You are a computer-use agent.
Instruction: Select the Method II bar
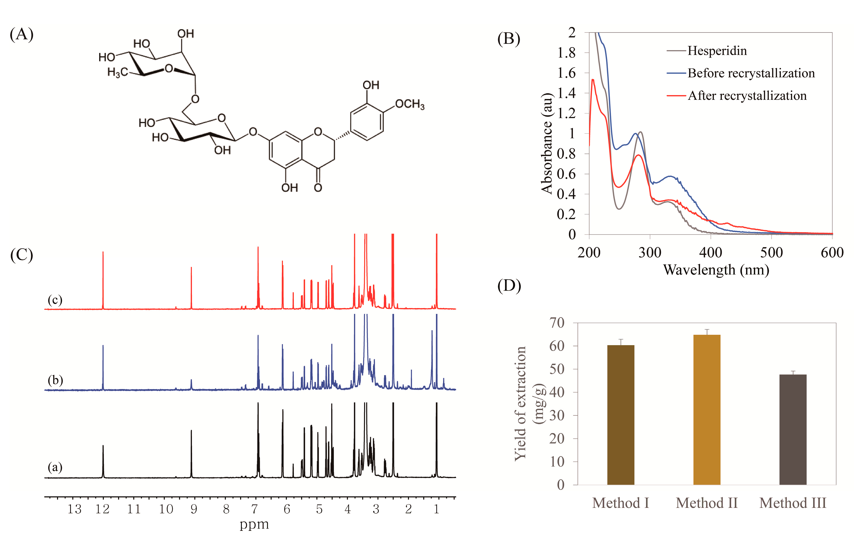click(707, 409)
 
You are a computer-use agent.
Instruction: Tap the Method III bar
click(793, 429)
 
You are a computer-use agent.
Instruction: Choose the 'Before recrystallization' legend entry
click(751, 73)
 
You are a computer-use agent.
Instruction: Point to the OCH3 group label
click(410, 104)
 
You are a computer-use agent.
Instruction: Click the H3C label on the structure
click(118, 72)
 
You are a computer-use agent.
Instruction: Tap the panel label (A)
click(22, 34)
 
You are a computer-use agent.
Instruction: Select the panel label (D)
click(509, 286)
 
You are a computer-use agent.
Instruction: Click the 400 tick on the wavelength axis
click(710, 253)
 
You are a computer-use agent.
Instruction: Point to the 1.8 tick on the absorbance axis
click(566, 53)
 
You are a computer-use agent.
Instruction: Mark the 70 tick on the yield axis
click(556, 323)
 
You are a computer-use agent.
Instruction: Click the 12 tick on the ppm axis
click(102, 509)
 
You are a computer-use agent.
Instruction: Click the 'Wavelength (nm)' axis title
click(716, 270)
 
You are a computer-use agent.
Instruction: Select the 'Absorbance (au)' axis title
click(547, 143)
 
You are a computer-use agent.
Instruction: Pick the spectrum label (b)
click(55, 380)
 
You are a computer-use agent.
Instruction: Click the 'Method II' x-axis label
click(707, 503)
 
